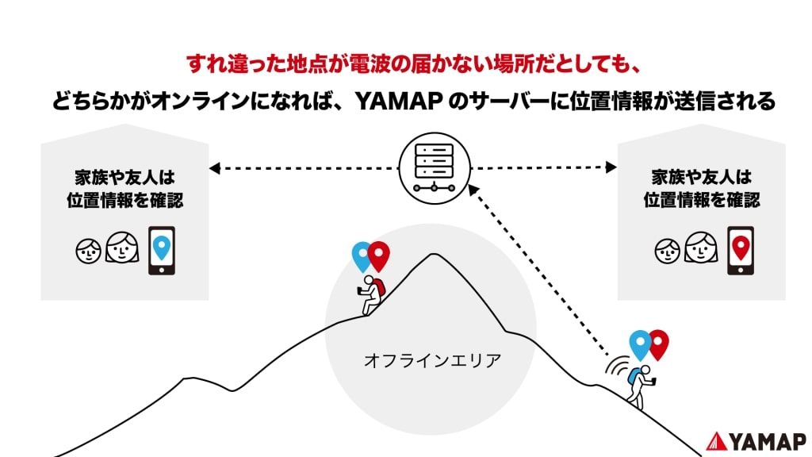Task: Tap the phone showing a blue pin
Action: tap(162, 252)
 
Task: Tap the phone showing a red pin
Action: tap(741, 252)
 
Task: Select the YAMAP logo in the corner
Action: tap(756, 440)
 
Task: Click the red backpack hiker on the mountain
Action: tap(371, 294)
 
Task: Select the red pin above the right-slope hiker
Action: tap(658, 343)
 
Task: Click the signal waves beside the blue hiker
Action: tap(616, 367)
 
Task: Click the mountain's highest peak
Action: tap(432, 255)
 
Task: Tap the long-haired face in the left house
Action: tap(122, 248)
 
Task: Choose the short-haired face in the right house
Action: tap(667, 250)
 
